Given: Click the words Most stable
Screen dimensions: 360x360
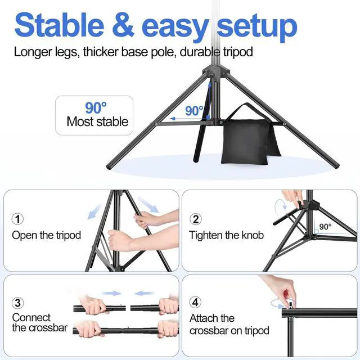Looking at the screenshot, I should pos(97,121).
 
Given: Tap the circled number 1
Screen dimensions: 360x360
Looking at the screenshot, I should pos(19,219).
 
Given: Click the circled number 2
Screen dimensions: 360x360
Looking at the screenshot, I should pos(196,219).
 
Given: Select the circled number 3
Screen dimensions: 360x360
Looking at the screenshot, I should pos(19,303).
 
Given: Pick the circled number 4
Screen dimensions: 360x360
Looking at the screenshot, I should pos(196,303).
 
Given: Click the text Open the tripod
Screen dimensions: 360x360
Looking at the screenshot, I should pos(47,235).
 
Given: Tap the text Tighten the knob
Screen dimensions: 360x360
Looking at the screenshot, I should pos(226,235).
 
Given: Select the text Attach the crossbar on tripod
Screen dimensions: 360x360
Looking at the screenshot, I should pos(229,325).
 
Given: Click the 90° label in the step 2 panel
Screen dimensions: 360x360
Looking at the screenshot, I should pos(325,227).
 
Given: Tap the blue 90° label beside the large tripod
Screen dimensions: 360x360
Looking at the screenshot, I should pos(194,111).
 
